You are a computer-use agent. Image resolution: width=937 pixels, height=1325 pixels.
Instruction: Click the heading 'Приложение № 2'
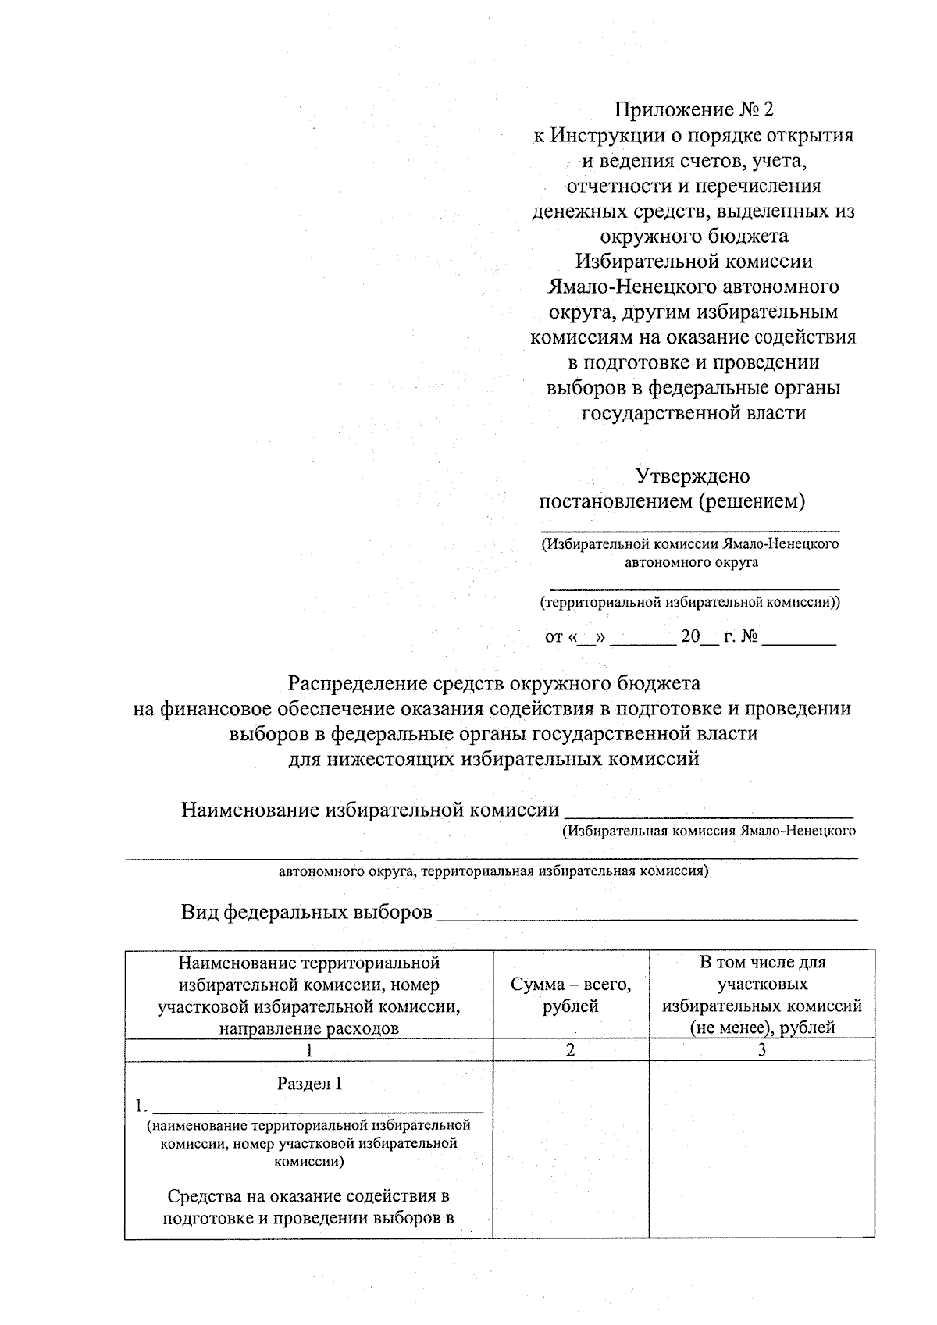pyautogui.click(x=693, y=110)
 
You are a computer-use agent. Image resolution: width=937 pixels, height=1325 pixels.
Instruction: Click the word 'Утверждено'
pyautogui.click(x=693, y=476)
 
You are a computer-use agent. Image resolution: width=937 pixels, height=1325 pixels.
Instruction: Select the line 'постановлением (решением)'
pyautogui.click(x=672, y=501)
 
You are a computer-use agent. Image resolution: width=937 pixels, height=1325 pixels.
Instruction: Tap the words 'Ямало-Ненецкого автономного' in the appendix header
pyautogui.click(x=693, y=287)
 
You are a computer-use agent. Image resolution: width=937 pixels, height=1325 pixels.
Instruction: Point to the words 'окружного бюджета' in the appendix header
pyautogui.click(x=693, y=236)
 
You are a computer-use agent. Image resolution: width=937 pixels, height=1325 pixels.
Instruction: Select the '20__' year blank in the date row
pyautogui.click(x=698, y=637)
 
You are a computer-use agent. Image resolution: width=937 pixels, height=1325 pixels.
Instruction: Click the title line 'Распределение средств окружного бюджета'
pyautogui.click(x=494, y=684)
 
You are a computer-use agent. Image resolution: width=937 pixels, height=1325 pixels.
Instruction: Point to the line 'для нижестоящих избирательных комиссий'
pyautogui.click(x=494, y=758)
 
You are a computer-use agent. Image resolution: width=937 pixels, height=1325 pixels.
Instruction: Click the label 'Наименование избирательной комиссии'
pyautogui.click(x=370, y=810)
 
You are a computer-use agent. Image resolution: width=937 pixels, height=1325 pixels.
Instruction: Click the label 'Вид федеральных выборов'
pyautogui.click(x=307, y=912)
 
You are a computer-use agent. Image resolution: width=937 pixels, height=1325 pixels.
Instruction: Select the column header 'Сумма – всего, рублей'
pyautogui.click(x=571, y=996)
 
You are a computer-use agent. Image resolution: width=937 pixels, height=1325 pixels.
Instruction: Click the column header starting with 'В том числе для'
pyautogui.click(x=761, y=995)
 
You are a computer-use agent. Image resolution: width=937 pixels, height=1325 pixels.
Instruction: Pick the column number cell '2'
pyautogui.click(x=571, y=1050)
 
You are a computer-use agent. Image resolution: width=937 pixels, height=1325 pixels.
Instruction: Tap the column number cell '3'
pyautogui.click(x=761, y=1050)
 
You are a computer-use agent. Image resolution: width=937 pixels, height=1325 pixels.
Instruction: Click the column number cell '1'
pyautogui.click(x=309, y=1050)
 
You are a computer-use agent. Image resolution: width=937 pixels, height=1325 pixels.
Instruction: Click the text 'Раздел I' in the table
pyautogui.click(x=309, y=1084)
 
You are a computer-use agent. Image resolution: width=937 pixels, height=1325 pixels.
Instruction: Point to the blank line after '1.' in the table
pyautogui.click(x=318, y=1106)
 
